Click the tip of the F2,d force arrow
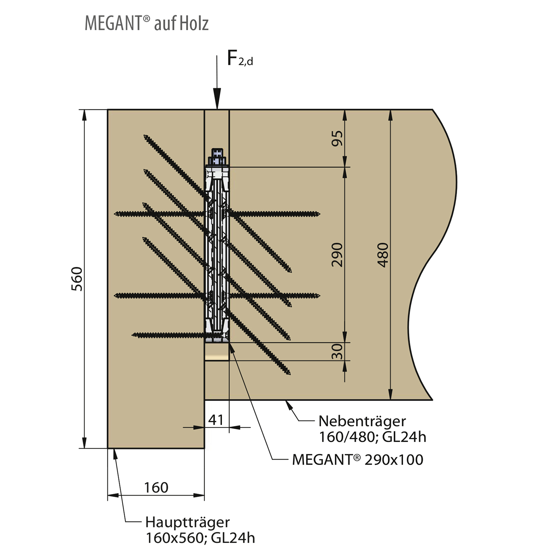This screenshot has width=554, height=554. pos(217,109)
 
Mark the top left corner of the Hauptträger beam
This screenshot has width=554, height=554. pos(108,110)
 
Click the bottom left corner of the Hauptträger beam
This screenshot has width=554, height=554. pos(108,448)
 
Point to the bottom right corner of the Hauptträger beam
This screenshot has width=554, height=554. pos(204,448)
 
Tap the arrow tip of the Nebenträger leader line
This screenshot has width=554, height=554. pos(285,401)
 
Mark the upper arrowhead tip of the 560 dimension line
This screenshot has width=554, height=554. pos(84,110)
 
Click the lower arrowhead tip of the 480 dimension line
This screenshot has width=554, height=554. pos(391,400)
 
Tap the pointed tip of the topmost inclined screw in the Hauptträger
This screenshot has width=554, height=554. pos(144,135)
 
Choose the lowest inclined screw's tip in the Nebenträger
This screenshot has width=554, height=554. pos(289,374)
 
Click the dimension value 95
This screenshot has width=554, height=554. pos(337,138)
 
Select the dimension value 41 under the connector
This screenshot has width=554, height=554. pos(216,420)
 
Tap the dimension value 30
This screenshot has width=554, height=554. pos(337,351)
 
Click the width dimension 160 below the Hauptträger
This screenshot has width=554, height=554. pos(156,488)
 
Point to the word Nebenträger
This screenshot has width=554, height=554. pos(362,421)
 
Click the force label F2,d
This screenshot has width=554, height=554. pos(240,58)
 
